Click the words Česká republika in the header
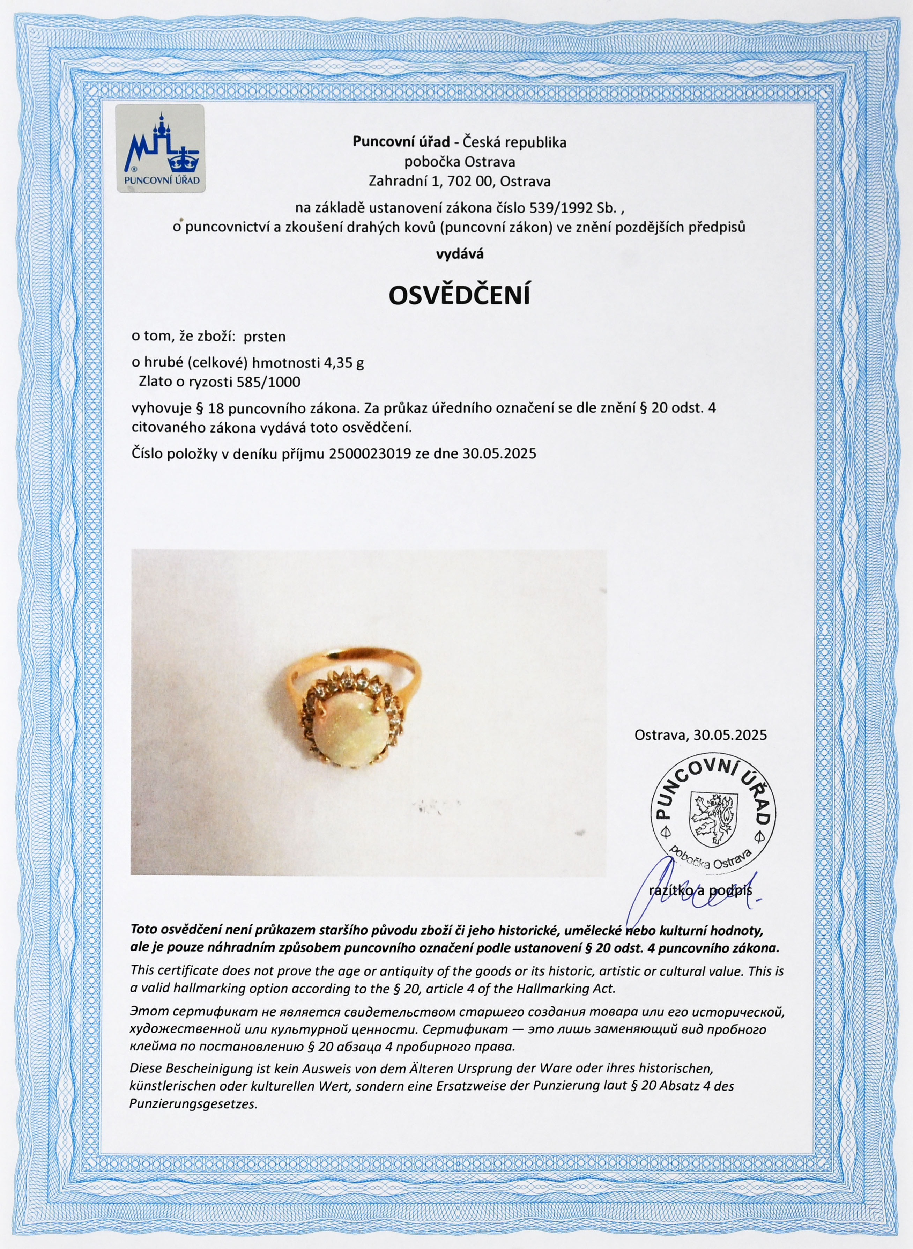(514, 142)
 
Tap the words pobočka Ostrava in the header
(459, 162)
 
